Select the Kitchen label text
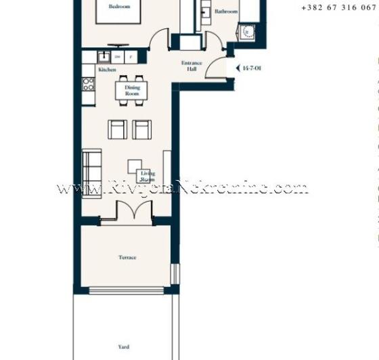(107, 70)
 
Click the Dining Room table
(131, 90)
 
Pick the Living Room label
(148, 176)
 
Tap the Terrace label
(127, 257)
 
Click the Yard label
(124, 346)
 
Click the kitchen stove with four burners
(88, 84)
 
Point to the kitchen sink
(104, 57)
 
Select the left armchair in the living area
(118, 129)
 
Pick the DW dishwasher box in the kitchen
(118, 57)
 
